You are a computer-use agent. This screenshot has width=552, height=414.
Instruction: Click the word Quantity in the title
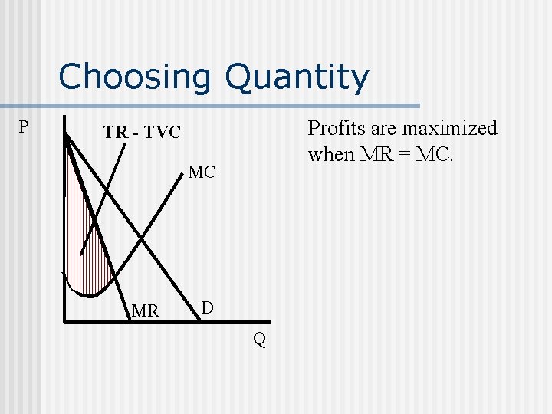point(297,77)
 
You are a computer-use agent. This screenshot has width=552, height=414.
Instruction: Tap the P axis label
point(24,127)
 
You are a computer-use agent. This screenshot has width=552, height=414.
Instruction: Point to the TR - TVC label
point(142,133)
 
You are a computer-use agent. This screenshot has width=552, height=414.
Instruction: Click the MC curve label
point(202,172)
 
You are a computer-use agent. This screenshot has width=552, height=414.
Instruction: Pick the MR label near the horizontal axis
point(146,311)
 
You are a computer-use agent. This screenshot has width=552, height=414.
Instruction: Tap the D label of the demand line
point(207,308)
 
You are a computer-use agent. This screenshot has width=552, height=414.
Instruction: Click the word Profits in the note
point(335,128)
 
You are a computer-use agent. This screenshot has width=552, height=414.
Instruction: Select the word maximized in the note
point(452,128)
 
